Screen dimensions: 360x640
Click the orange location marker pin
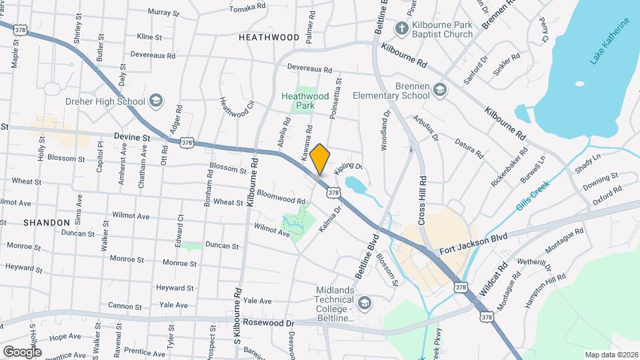coord(320,159)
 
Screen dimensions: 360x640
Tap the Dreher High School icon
coord(155,101)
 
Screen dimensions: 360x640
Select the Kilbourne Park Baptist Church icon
coord(401,29)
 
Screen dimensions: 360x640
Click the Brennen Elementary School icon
coord(439,89)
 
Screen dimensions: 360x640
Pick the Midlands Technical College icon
coord(364,304)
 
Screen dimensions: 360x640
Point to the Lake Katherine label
coord(609,42)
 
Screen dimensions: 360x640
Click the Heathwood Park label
coord(305,101)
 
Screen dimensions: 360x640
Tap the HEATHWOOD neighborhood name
coord(269,37)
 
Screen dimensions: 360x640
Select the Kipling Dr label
coord(348,169)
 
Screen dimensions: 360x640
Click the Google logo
coord(22,351)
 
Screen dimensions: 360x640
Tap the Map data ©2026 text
coord(611,354)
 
